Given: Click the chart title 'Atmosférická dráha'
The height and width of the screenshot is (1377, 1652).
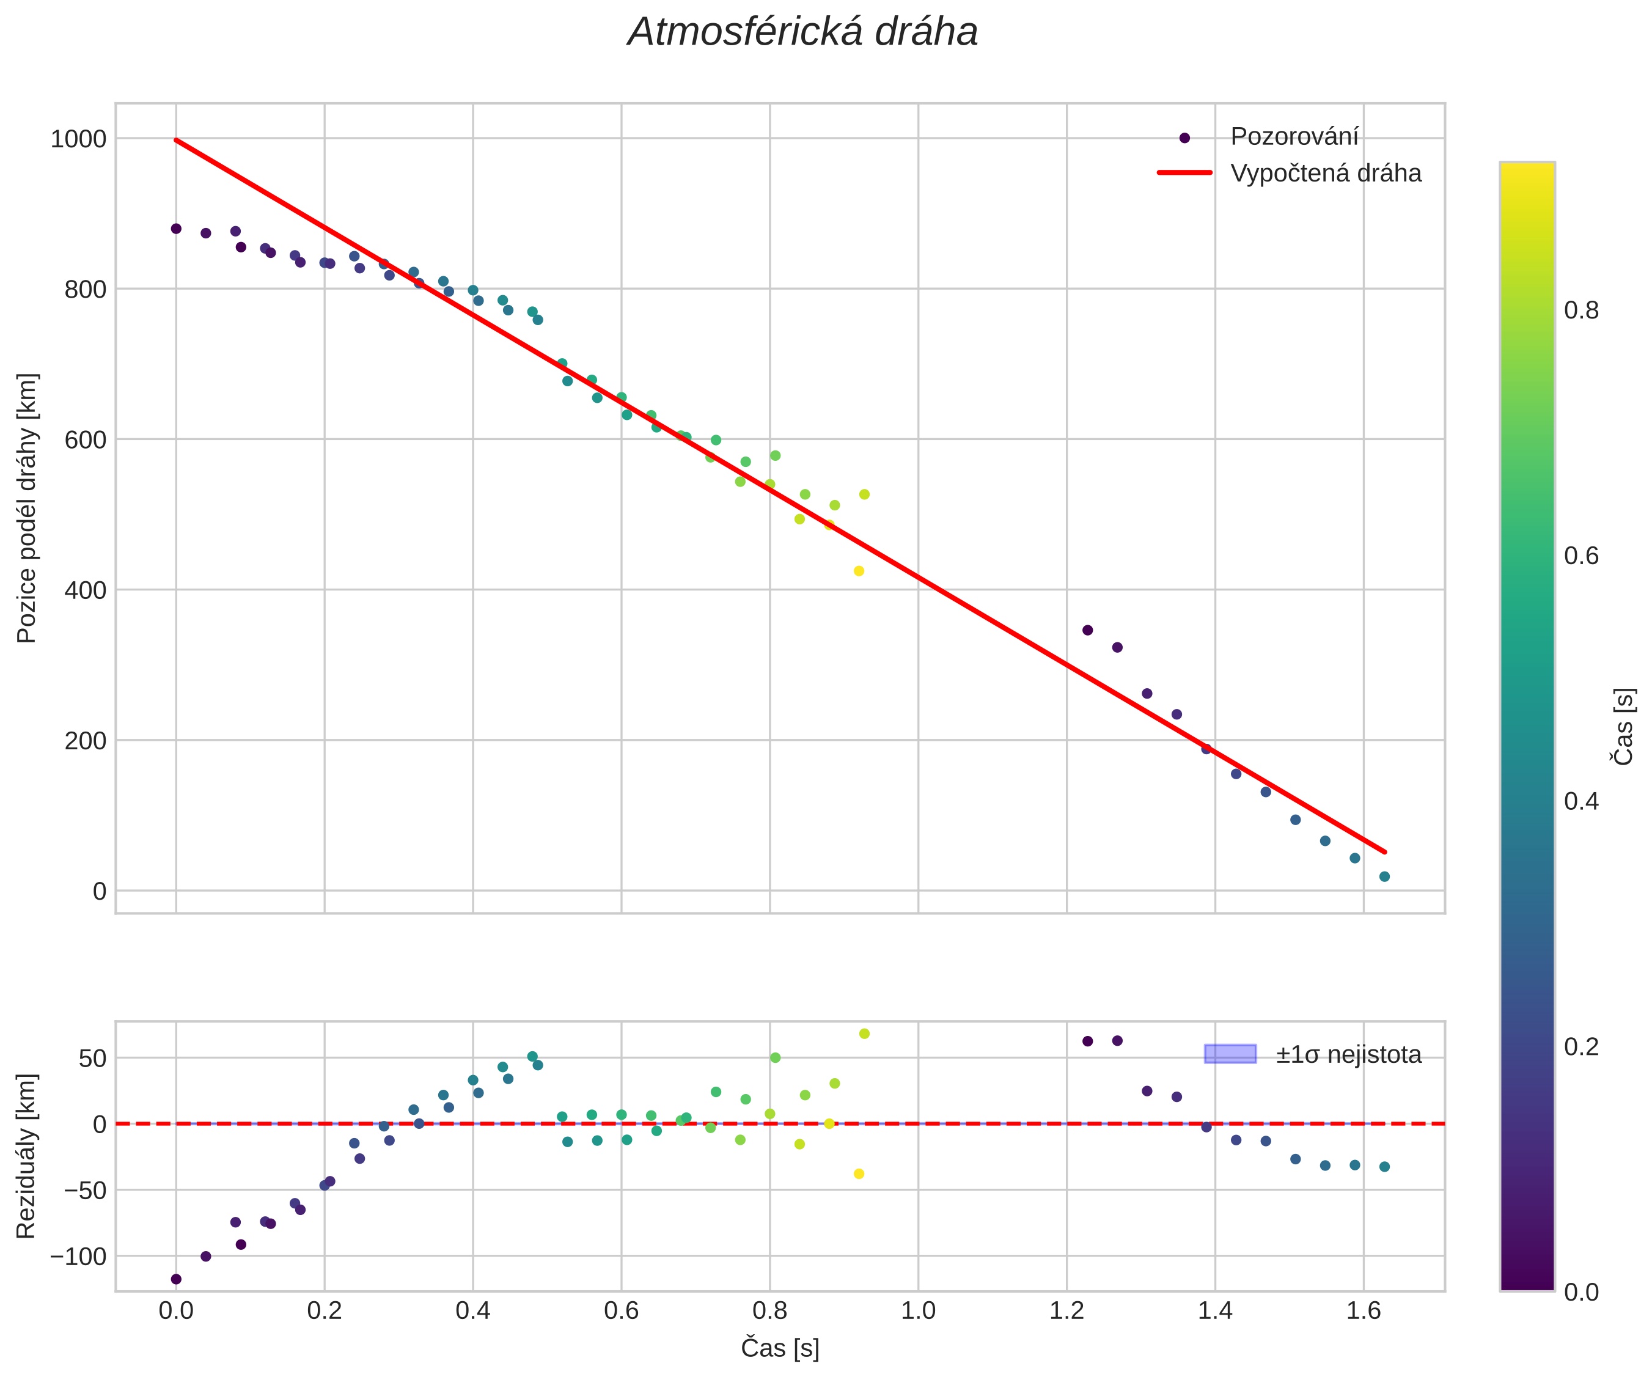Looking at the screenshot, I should [802, 33].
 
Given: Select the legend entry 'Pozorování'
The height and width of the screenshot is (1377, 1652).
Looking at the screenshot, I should [1294, 137].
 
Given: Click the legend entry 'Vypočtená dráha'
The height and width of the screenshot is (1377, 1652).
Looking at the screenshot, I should [1326, 173].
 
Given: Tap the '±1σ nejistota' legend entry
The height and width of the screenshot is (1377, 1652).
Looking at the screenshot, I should [1348, 1054].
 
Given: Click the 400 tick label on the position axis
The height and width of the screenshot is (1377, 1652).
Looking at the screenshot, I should [85, 590].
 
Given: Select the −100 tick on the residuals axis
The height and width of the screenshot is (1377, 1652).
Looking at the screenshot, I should [77, 1257].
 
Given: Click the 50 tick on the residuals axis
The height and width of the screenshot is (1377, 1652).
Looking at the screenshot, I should [92, 1059].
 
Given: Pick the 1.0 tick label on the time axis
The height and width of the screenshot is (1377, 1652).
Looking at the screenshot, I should [918, 1311].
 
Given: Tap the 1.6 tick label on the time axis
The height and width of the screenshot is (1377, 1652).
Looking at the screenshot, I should [1364, 1311].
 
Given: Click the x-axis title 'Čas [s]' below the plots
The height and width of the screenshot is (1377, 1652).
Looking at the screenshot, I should [780, 1348].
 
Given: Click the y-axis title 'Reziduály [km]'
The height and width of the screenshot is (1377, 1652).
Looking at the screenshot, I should [27, 1155].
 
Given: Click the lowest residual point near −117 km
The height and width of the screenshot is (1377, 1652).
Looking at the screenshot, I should [176, 1279].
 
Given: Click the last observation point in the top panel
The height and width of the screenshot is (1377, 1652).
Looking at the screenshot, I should [1384, 876].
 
